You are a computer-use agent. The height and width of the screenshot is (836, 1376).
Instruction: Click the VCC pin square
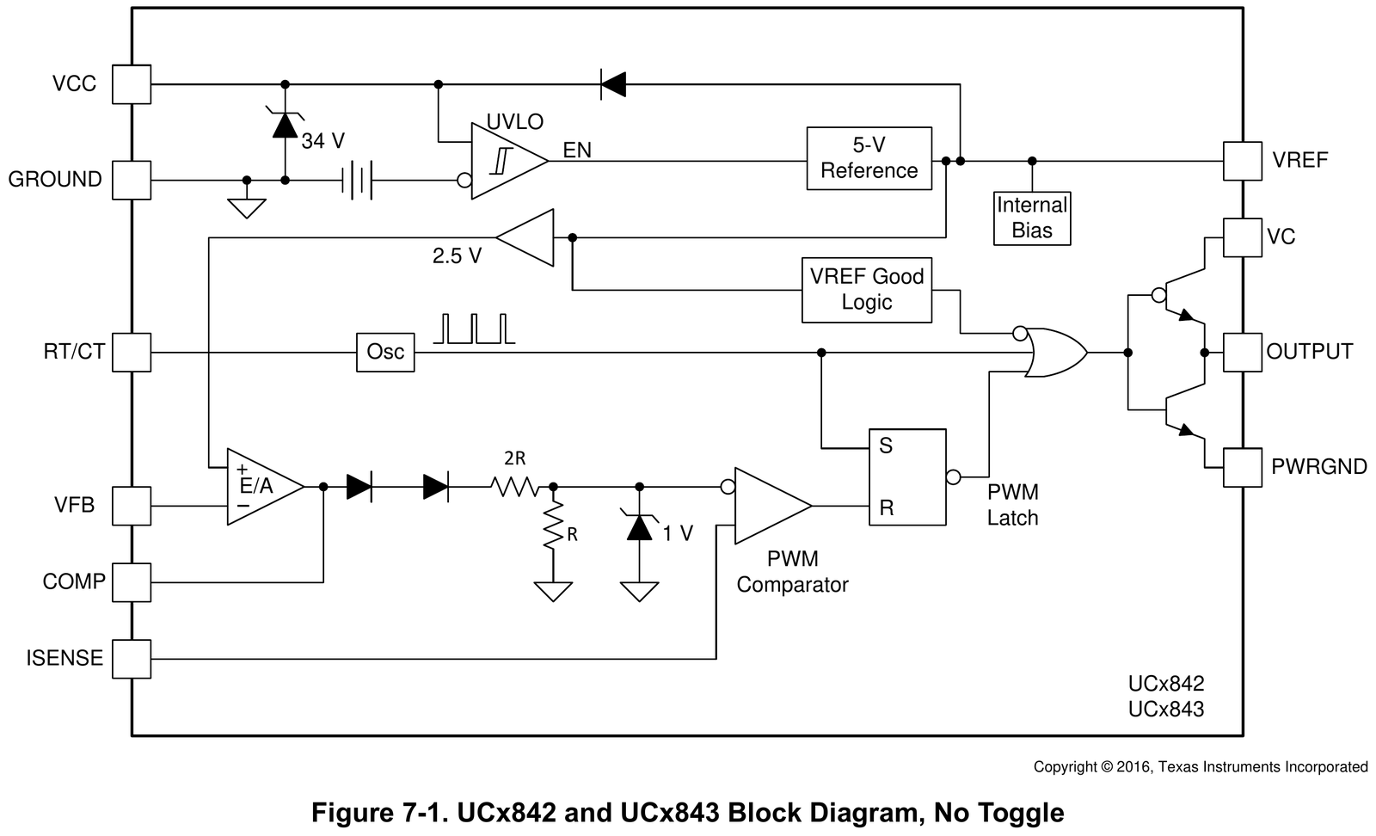pos(132,84)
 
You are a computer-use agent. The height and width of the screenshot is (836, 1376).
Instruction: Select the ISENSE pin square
pos(132,659)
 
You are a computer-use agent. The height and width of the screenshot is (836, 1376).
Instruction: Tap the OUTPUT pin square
pos(1242,353)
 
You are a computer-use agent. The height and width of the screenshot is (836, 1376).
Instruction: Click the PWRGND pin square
pos(1242,467)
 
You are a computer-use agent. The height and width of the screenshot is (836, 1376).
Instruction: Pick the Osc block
pos(385,353)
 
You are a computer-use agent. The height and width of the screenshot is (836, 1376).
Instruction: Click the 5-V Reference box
pos(869,158)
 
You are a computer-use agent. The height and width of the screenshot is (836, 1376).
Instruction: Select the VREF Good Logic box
pos(866,290)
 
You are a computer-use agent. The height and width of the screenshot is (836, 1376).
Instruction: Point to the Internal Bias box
pos(1032,218)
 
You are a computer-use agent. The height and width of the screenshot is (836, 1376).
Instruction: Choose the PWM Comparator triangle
pos(773,506)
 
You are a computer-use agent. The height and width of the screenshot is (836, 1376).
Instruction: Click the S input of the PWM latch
pos(885,446)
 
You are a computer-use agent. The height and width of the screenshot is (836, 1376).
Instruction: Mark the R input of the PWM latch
pos(886,508)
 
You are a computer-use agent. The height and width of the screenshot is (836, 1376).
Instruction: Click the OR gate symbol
pos(1055,353)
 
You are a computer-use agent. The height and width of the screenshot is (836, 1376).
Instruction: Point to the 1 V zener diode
pos(639,526)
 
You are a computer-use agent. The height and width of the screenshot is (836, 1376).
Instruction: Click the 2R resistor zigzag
pos(515,487)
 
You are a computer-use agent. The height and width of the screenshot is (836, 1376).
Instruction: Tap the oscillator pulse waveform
pos(474,329)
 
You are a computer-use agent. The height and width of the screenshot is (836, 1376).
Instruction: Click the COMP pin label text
pos(74,581)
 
